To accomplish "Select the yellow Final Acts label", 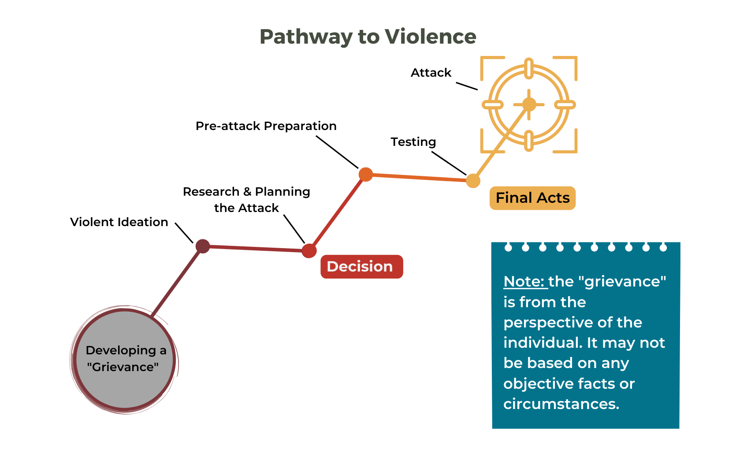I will (x=532, y=198).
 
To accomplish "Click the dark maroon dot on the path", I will (x=202, y=246).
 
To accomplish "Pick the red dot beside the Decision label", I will (x=309, y=251).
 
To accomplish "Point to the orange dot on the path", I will (x=365, y=175).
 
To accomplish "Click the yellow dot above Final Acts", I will (x=473, y=181).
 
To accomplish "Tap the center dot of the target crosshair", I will (x=529, y=104).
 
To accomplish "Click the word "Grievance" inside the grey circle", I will (x=123, y=367).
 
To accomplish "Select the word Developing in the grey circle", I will (x=121, y=350).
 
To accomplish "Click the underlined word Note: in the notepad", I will (x=524, y=281).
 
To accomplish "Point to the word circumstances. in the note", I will (x=561, y=404).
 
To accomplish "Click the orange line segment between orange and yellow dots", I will (x=419, y=178).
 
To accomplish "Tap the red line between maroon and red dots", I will (x=256, y=249).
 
